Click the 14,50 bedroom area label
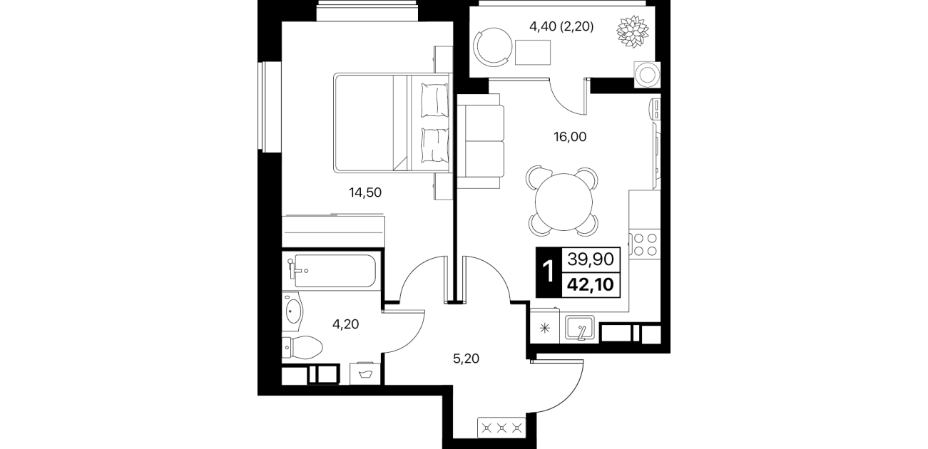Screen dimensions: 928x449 pos(365,192)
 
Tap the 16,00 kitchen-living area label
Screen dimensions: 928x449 pos(570,137)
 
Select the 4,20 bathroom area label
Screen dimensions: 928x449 pos(345,324)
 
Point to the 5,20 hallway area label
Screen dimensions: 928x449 pos(466,358)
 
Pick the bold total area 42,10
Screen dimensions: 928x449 pos(591,284)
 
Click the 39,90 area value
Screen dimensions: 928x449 pos(591,259)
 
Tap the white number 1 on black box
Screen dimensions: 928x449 pos(549,272)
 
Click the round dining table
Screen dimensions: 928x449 pos(564,202)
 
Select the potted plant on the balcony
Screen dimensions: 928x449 pos(632,31)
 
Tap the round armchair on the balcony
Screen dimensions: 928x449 pos(493,46)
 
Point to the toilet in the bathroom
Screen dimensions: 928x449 pos(302,347)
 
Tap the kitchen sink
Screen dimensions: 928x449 pos(579,329)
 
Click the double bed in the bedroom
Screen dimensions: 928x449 pos(392,123)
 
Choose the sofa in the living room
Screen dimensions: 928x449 pos(480,141)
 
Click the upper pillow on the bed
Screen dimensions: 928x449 pos(434,100)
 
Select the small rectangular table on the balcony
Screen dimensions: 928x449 pos(533,53)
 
